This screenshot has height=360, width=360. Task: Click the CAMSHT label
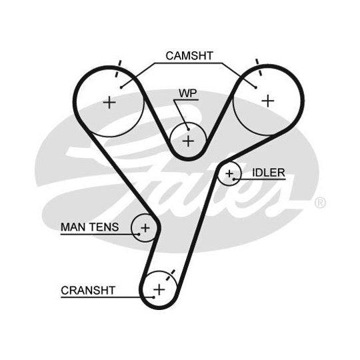(x=189, y=56)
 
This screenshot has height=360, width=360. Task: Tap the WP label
(x=188, y=93)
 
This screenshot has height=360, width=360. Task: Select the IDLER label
(x=269, y=173)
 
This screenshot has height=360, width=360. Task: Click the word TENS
(x=104, y=227)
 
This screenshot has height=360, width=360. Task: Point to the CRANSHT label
(x=88, y=291)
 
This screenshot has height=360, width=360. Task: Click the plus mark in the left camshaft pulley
(x=109, y=103)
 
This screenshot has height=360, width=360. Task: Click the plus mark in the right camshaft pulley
(x=268, y=101)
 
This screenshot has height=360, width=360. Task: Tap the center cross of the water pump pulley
(x=188, y=141)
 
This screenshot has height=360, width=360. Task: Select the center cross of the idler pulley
(x=229, y=173)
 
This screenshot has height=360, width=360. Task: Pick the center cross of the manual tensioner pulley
(x=145, y=228)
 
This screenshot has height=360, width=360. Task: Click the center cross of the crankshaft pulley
(x=159, y=289)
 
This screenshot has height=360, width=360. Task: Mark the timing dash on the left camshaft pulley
(x=118, y=69)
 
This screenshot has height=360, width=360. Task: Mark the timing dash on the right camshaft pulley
(x=259, y=67)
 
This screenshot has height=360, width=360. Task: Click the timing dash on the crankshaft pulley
(x=170, y=275)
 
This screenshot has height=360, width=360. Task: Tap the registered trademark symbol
(x=320, y=203)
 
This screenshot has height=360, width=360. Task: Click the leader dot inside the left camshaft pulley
(x=121, y=87)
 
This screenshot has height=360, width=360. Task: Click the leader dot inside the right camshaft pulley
(x=256, y=87)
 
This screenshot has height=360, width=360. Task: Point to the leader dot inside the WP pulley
(x=188, y=129)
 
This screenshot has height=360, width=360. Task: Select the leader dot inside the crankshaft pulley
(x=153, y=297)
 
